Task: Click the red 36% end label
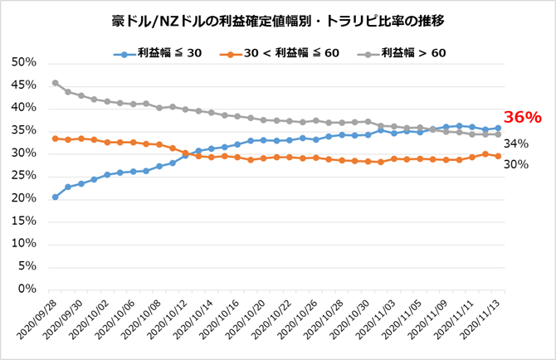(522, 117)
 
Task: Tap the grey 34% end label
(516, 144)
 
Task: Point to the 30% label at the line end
(516, 163)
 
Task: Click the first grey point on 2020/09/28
(55, 83)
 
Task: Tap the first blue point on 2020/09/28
(55, 197)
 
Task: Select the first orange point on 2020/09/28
(55, 139)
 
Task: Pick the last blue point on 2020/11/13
(498, 128)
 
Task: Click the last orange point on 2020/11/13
(498, 156)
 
